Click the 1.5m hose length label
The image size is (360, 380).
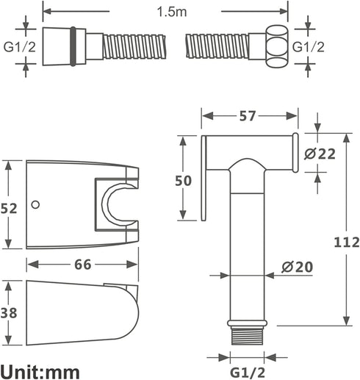tap(172, 12)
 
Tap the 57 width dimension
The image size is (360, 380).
tap(248, 116)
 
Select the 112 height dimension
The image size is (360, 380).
tap(347, 242)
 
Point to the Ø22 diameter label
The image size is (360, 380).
tap(320, 154)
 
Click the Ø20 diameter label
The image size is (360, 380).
tap(297, 267)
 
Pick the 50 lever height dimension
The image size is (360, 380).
tap(183, 181)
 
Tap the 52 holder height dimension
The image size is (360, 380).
tap(9, 209)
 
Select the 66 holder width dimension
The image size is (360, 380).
tap(83, 265)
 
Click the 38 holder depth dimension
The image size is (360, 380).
tap(9, 313)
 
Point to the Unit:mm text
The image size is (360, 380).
tap(40, 373)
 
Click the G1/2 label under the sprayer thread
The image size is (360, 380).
tap(248, 373)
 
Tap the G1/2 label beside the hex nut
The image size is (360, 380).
tap(309, 47)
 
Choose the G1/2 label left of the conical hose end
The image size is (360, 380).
tap(20, 47)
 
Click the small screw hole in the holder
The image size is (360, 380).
tap(35, 204)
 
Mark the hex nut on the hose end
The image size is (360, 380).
tap(277, 46)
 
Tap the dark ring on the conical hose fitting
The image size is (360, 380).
tap(73, 46)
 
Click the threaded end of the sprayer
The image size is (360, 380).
tap(248, 337)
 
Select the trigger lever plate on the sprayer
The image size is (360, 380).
tap(204, 179)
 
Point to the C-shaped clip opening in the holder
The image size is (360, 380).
tap(117, 204)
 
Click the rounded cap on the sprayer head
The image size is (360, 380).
tap(295, 153)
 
